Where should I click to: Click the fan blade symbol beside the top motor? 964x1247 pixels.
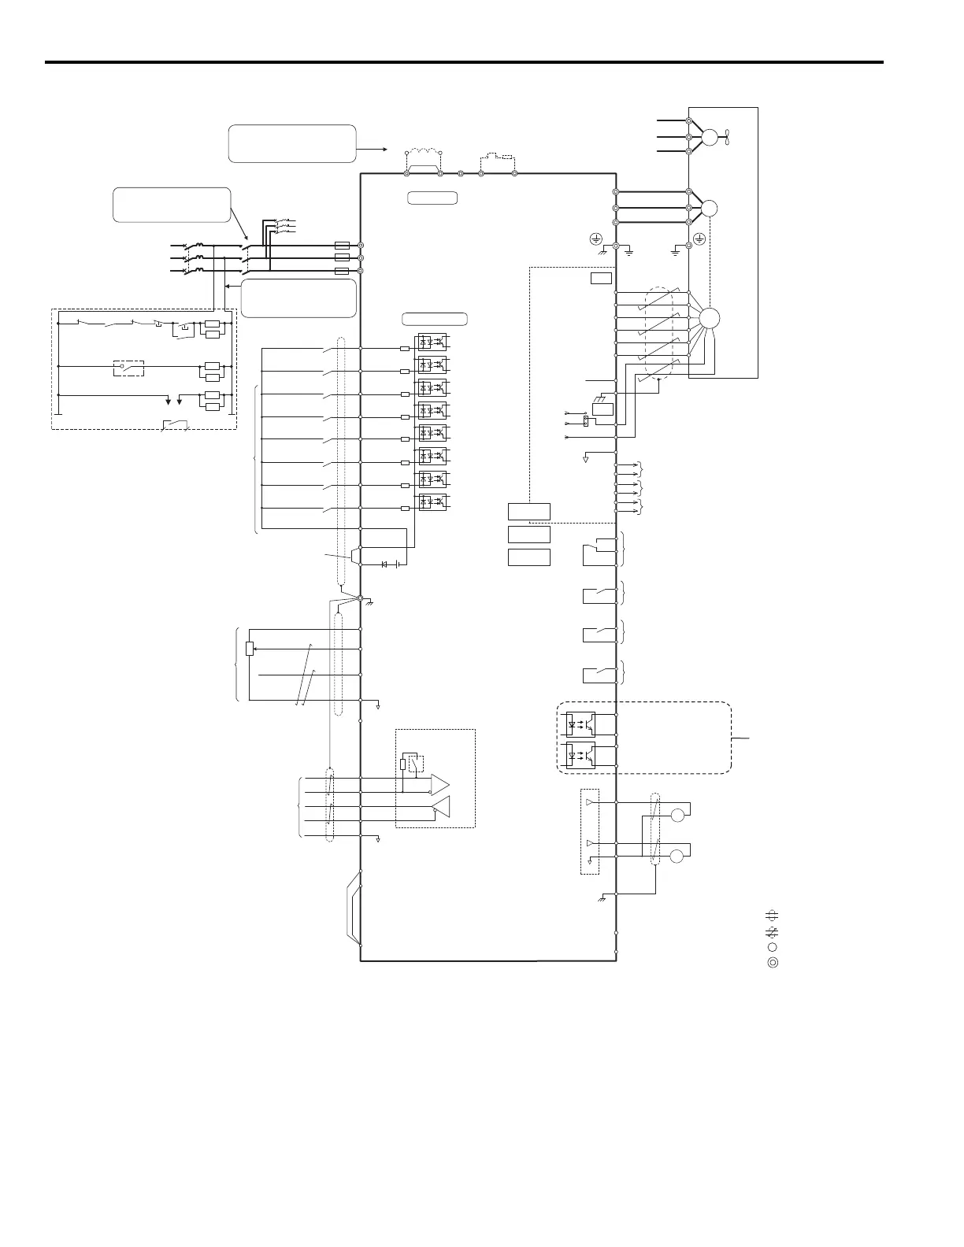pos(729,137)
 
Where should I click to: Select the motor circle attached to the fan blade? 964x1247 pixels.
pos(710,137)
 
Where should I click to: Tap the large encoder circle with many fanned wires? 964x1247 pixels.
pos(709,318)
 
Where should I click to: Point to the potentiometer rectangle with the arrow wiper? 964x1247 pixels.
pos(250,649)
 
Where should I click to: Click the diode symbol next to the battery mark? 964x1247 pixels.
pos(384,564)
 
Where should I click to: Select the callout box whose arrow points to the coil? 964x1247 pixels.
pos(291,143)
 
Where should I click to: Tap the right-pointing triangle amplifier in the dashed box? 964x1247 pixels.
pos(439,784)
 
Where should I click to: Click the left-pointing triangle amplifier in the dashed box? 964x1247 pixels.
pos(442,806)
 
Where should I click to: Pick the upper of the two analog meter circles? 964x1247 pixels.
pos(677,815)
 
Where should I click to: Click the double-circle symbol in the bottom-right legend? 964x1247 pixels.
pos(773,962)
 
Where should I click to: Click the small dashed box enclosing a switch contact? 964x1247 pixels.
pos(129,368)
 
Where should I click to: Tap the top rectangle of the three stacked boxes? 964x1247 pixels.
pos(528,512)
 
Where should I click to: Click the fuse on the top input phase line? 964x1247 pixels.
pos(342,246)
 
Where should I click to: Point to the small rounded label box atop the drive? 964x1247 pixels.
pos(432,198)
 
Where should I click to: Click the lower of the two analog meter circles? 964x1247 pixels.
pos(677,856)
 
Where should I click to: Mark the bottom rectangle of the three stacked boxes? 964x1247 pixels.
pos(528,557)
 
